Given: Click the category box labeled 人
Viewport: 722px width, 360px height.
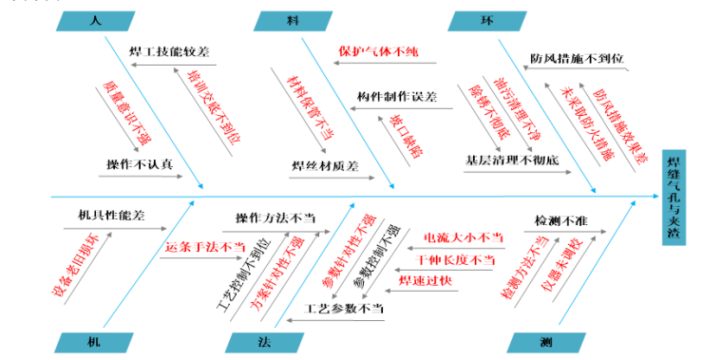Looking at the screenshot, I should coord(94,19).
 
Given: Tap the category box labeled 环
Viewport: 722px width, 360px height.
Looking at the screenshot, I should coord(485,19).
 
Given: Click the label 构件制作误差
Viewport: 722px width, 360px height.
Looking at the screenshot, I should coord(397,98).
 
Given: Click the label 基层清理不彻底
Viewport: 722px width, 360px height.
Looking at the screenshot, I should coord(512,161).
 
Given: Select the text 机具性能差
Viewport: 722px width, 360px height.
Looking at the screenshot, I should coord(112,216).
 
